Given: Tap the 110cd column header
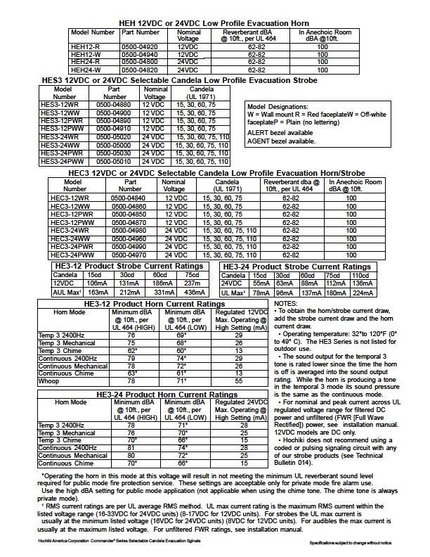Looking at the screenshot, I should [x=360, y=275].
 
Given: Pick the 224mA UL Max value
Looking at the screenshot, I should [x=360, y=293].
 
